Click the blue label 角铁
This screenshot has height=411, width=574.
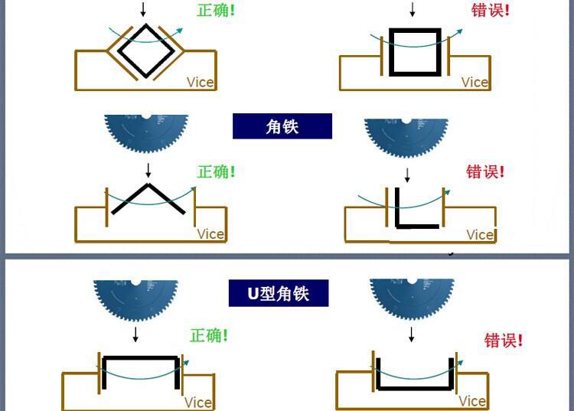[x=282, y=126]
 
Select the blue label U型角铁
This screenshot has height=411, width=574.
[x=279, y=293]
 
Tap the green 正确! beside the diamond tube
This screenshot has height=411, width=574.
[x=215, y=12]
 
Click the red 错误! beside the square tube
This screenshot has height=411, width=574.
[x=490, y=11]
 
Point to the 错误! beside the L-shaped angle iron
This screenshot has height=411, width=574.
[x=485, y=171]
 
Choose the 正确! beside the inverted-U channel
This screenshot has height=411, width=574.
[x=209, y=335]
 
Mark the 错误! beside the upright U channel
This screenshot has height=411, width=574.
[x=504, y=340]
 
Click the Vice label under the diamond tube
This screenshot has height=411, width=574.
[x=201, y=82]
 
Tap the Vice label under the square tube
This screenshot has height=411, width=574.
[x=475, y=82]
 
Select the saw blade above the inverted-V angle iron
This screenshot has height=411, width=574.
[x=146, y=134]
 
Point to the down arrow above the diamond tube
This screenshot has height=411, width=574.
[x=142, y=10]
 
